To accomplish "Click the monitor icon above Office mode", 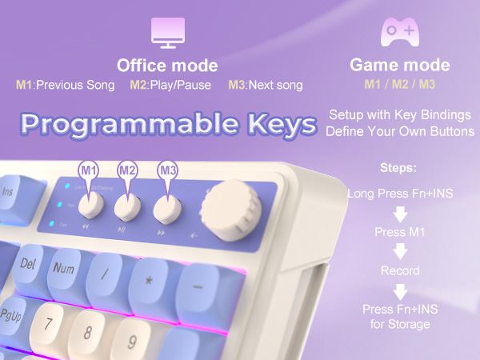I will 168,32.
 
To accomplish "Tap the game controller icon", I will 400,32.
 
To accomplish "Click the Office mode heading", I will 167,66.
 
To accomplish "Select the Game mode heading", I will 400,66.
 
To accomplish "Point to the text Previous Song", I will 75,85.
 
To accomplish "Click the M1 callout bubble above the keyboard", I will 89,170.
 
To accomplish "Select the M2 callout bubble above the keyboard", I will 127,170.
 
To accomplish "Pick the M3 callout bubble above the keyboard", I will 167,170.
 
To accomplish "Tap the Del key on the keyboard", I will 29,263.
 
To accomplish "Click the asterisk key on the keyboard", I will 147,282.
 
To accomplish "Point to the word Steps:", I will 399,170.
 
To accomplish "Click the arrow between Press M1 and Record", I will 400,252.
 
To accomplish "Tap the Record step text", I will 400,271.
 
